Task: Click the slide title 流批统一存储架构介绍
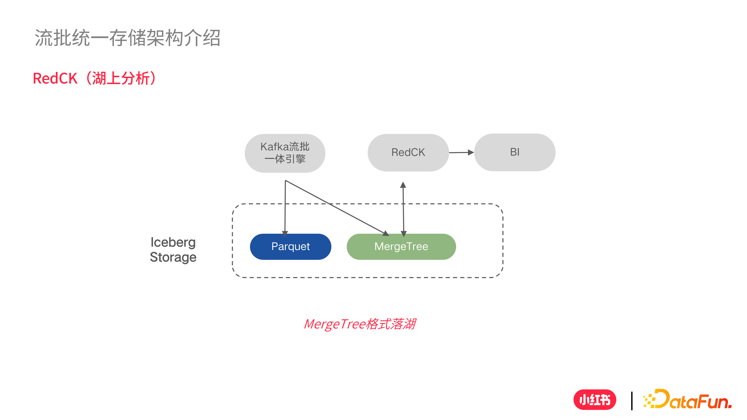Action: coord(128,38)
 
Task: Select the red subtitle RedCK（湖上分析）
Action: coord(95,78)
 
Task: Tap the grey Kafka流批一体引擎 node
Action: coord(285,153)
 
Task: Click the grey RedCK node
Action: coord(408,153)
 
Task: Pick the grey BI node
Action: coord(515,152)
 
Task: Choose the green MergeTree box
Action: coord(401,247)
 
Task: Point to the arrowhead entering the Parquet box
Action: coord(285,233)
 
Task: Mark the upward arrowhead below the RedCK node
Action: coord(403,185)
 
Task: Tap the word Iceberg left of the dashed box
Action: coord(173,242)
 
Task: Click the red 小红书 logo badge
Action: coord(595,400)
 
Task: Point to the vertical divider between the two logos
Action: coord(632,401)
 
